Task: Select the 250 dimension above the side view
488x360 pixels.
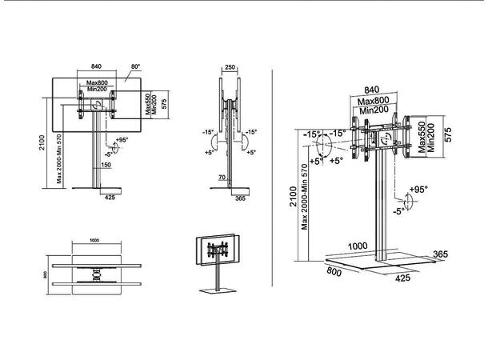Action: pyautogui.click(x=231, y=70)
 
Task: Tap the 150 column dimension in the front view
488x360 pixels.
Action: pyautogui.click(x=106, y=165)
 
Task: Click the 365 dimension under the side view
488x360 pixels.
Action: pyautogui.click(x=240, y=201)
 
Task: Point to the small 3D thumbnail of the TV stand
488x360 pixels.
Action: pyautogui.click(x=215, y=260)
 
